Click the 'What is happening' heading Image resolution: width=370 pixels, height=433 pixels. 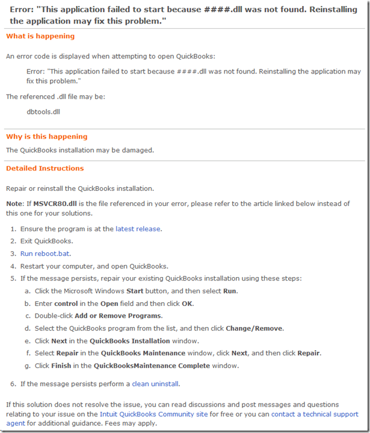[40, 36]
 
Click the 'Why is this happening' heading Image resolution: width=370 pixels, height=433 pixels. [46, 137]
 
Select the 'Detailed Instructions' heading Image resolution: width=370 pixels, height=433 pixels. [45, 169]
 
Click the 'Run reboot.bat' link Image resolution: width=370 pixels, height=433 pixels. [45, 254]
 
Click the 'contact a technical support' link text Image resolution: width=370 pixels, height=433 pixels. [315, 414]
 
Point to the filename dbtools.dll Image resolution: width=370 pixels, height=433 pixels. [43, 112]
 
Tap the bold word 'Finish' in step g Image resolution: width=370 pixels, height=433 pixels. [62, 366]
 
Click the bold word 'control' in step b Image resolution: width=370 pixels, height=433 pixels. [66, 304]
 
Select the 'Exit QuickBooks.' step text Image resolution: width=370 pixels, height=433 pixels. [47, 241]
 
